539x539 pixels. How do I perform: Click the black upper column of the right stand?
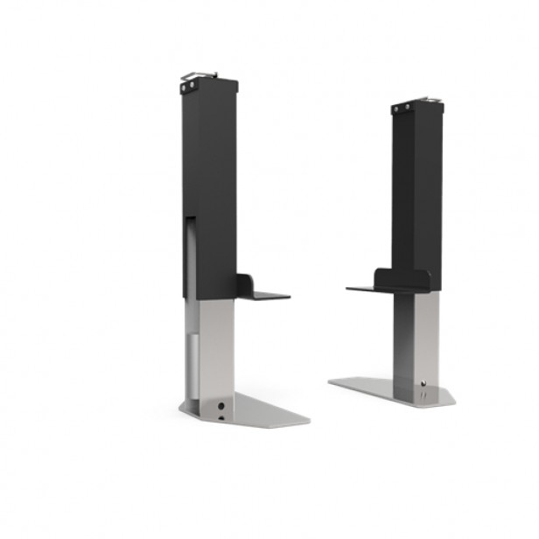416,184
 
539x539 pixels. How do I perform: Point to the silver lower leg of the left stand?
214,350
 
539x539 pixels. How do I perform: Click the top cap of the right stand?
417,106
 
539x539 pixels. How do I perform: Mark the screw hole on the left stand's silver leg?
220,406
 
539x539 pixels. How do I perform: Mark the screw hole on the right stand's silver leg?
423,383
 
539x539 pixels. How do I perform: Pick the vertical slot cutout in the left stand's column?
190,254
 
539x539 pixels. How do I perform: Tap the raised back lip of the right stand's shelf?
402,278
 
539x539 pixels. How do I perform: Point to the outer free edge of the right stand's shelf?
348,288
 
